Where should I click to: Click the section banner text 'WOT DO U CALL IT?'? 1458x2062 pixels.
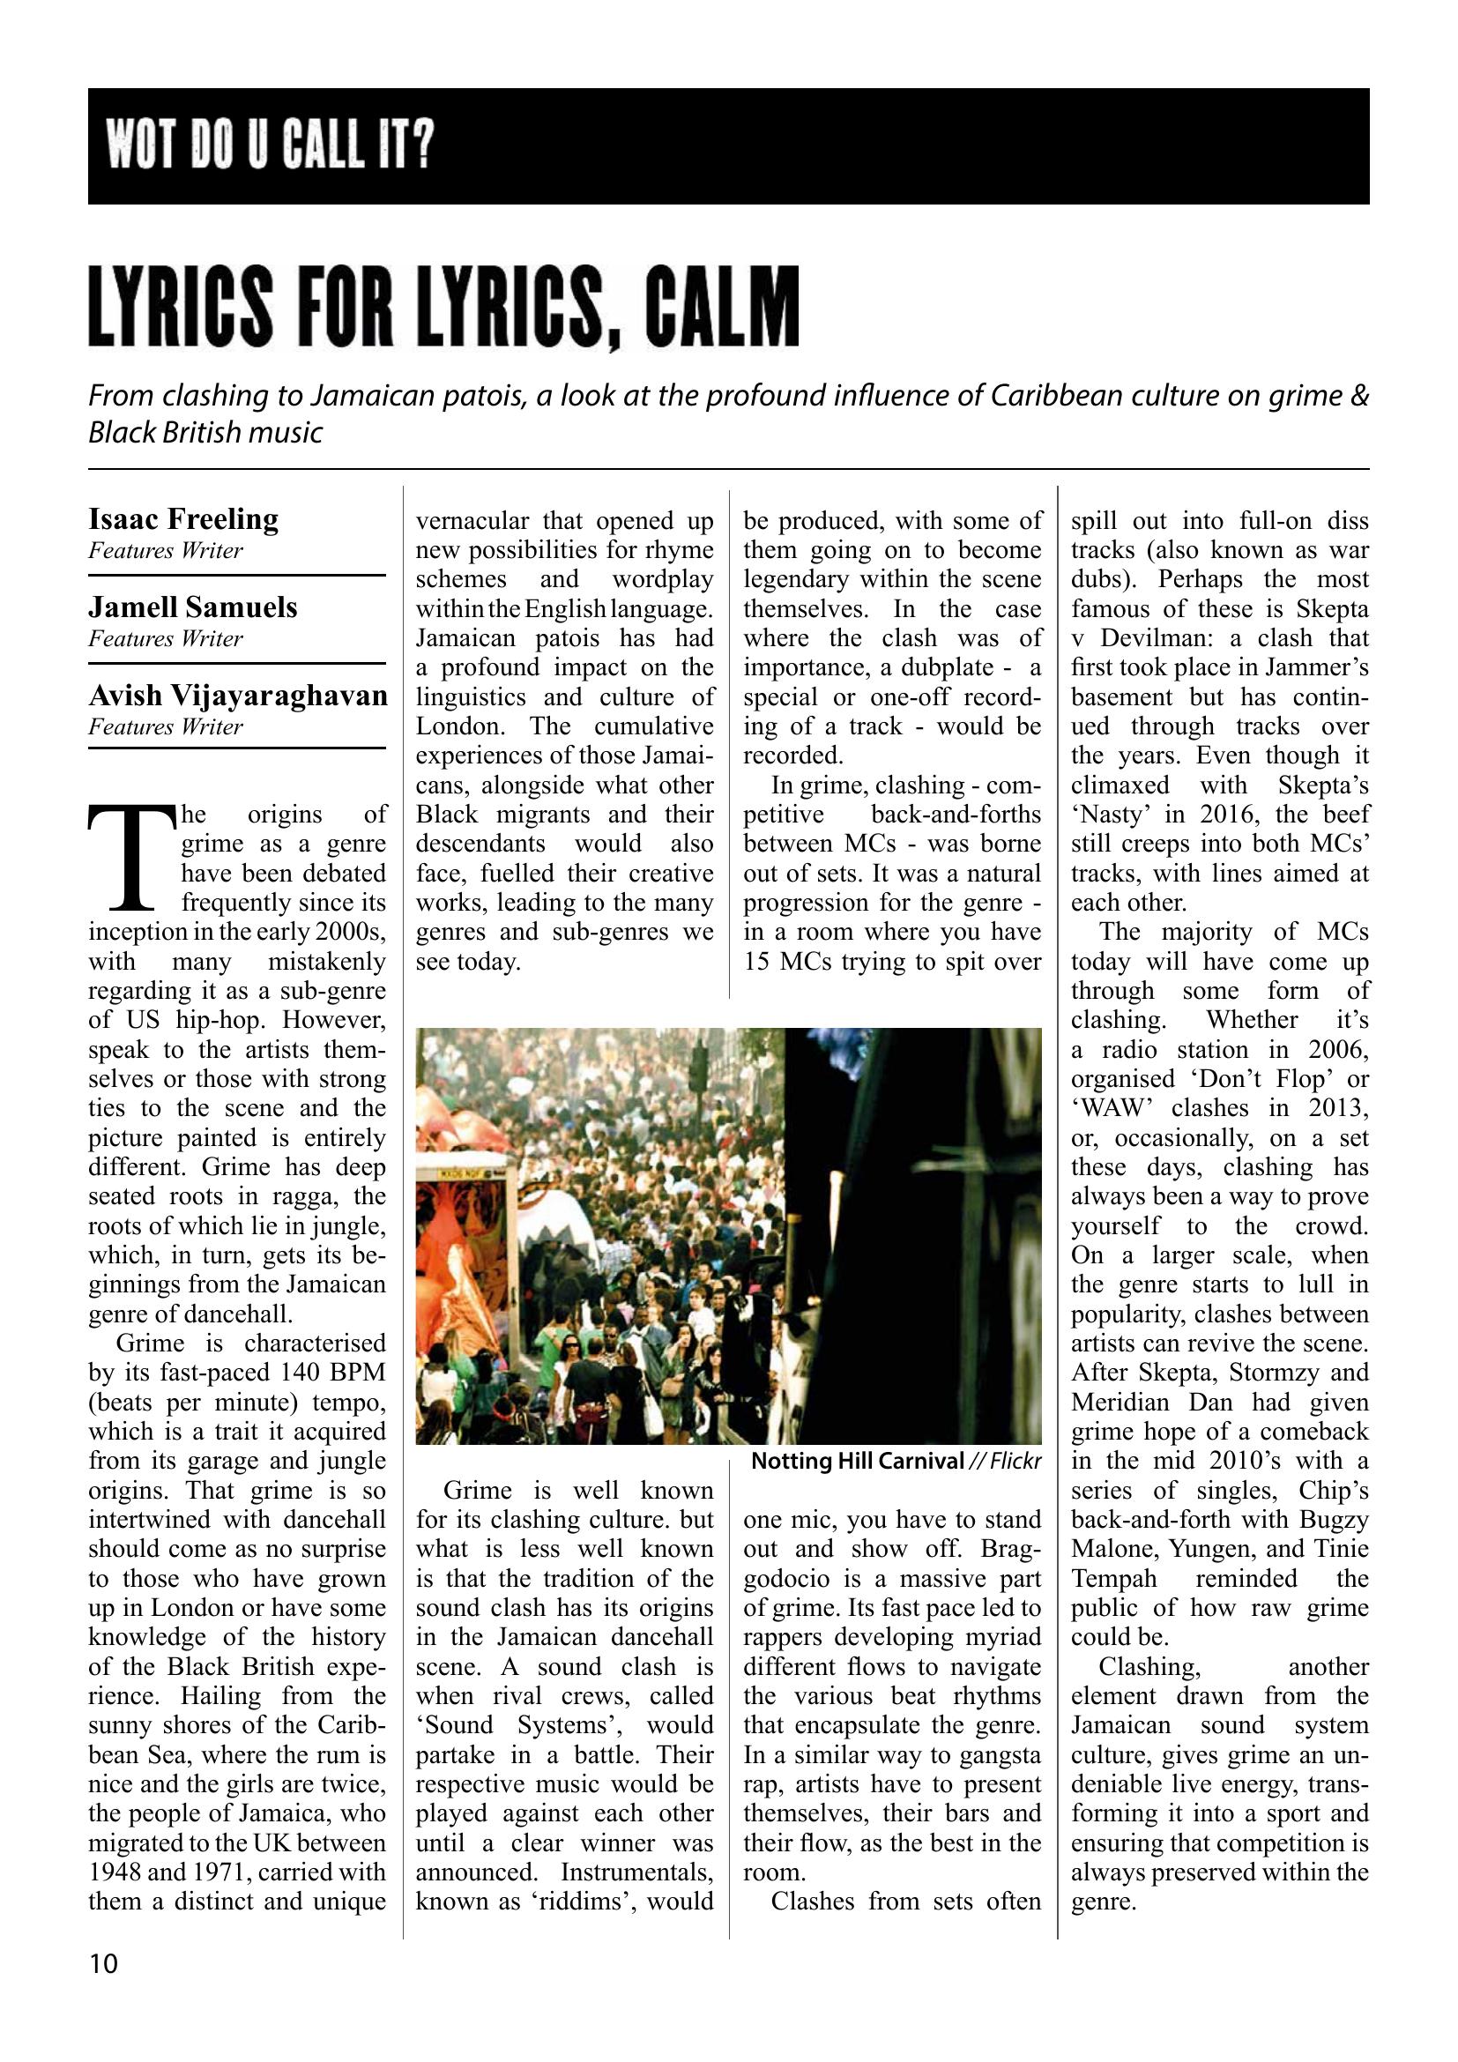[x=271, y=146]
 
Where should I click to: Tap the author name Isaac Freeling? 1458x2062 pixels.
[x=183, y=519]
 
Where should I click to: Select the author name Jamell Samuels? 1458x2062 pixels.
[x=192, y=608]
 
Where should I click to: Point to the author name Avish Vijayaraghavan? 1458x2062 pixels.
[x=237, y=696]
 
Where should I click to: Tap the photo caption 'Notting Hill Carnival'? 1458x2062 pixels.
[x=856, y=1461]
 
